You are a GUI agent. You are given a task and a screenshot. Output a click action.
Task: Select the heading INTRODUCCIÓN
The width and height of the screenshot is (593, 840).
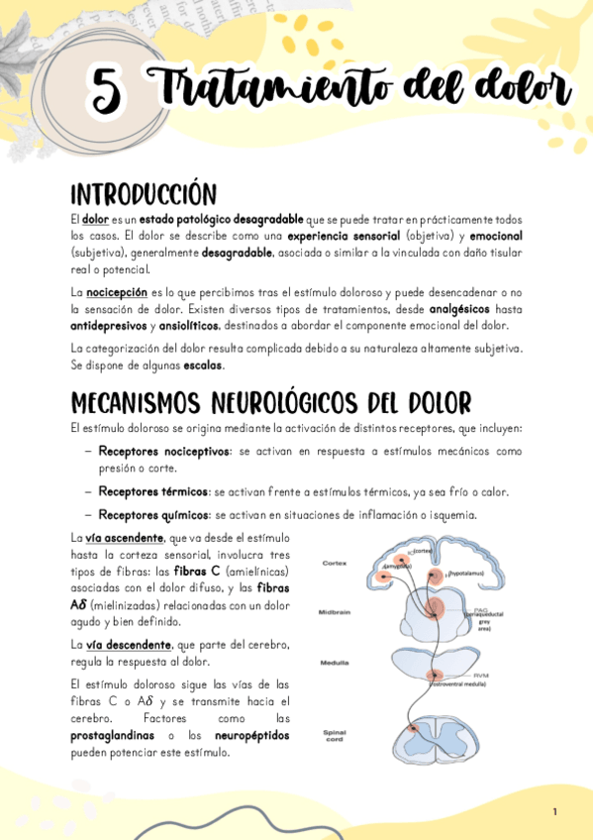(x=143, y=192)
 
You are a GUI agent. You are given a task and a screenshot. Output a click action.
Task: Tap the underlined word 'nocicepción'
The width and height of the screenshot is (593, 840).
(x=116, y=292)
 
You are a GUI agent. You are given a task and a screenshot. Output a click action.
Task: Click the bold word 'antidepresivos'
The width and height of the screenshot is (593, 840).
(x=109, y=325)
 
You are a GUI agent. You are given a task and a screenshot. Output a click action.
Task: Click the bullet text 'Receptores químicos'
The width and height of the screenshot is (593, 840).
(x=153, y=514)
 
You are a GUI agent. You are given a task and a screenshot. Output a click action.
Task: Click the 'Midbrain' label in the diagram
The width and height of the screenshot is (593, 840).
(x=335, y=612)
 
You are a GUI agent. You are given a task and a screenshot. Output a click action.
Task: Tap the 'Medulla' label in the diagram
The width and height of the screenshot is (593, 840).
(x=334, y=662)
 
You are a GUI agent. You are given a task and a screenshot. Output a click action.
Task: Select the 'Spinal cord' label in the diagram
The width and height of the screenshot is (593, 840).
(x=334, y=736)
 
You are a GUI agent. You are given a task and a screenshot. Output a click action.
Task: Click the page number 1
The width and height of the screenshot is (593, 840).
(x=554, y=811)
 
